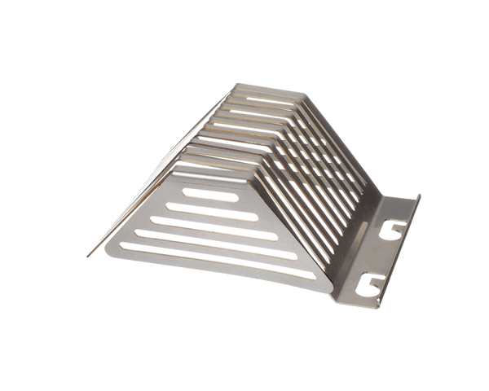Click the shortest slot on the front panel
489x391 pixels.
click(x=210, y=194)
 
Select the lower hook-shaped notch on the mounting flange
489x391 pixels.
click(x=372, y=282)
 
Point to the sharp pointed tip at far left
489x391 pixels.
click(x=88, y=256)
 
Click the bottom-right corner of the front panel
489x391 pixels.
click(x=331, y=292)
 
